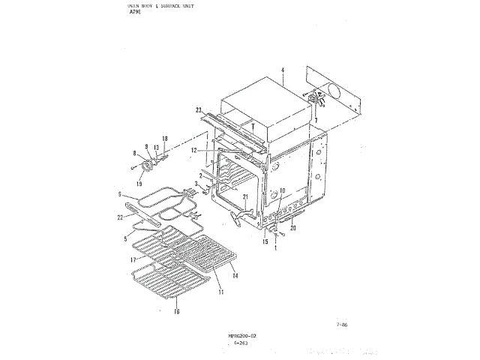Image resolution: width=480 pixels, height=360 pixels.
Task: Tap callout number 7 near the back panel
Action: [x=316, y=120]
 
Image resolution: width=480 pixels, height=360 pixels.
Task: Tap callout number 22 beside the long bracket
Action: [x=119, y=217]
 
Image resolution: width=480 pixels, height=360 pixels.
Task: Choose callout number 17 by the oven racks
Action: [x=132, y=259]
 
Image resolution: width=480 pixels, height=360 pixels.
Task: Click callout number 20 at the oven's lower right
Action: [x=294, y=226]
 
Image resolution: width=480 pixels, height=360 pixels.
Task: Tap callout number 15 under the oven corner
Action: [x=265, y=241]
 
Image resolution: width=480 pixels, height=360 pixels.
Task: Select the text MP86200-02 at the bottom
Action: [x=242, y=336]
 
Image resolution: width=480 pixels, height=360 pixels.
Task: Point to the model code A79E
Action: [x=135, y=13]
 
